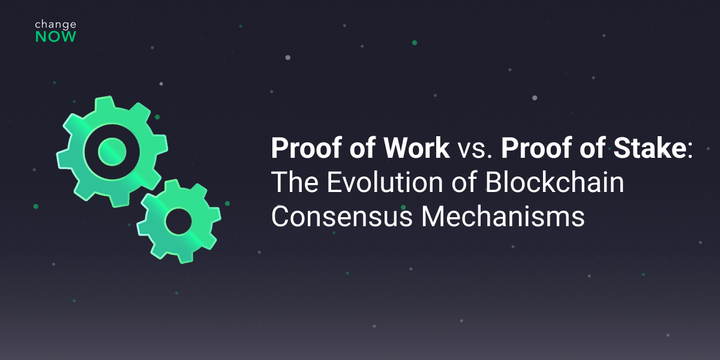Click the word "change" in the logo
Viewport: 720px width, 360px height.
pyautogui.click(x=55, y=25)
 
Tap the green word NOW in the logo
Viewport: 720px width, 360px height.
pyautogui.click(x=55, y=37)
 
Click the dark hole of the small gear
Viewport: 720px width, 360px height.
pyautogui.click(x=178, y=222)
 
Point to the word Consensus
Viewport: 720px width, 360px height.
pyautogui.click(x=341, y=216)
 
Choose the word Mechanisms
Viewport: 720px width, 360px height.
pyautogui.click(x=502, y=216)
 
